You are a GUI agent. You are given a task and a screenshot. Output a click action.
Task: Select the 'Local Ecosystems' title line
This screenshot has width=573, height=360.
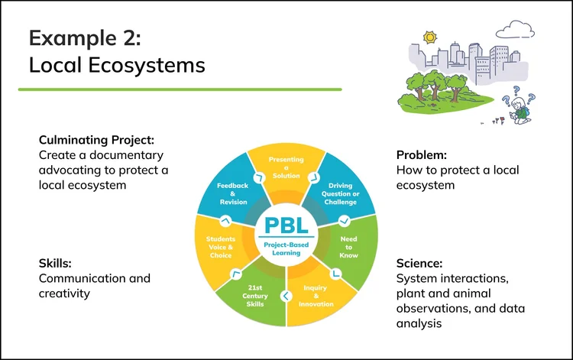(x=117, y=65)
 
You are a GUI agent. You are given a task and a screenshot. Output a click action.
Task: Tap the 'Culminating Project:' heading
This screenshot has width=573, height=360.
(x=96, y=140)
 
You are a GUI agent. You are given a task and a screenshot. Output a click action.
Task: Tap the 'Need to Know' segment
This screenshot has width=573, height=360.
(x=348, y=246)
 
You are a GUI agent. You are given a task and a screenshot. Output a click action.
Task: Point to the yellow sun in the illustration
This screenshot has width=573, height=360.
(x=429, y=37)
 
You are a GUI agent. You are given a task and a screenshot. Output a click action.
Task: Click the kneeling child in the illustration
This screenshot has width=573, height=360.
(x=520, y=109)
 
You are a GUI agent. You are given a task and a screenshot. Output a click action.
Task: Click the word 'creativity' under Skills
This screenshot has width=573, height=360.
(x=65, y=293)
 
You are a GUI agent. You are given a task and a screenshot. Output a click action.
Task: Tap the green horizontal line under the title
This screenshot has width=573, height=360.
(x=180, y=89)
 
